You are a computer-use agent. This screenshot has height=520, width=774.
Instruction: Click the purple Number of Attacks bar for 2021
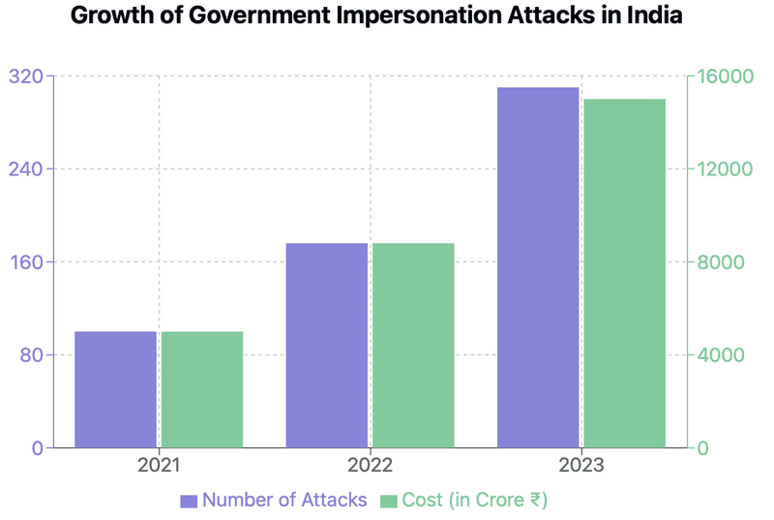[x=115, y=389]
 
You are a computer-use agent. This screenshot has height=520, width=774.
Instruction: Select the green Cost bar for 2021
[x=201, y=389]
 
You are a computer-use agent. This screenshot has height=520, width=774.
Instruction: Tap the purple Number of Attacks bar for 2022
[x=326, y=346]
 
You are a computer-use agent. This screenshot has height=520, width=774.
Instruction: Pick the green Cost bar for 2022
[x=413, y=346]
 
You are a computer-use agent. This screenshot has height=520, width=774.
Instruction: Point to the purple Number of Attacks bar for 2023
[x=538, y=267]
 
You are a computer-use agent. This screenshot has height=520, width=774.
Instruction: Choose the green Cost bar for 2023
[x=624, y=273]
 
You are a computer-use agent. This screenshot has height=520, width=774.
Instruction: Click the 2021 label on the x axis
[x=159, y=466]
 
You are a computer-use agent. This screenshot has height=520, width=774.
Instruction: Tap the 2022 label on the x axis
[x=370, y=466]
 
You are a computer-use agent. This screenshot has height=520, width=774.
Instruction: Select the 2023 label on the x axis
[x=580, y=466]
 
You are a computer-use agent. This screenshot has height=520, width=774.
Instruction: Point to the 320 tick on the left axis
[x=25, y=76]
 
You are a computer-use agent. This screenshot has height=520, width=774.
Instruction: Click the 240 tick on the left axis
[x=25, y=169]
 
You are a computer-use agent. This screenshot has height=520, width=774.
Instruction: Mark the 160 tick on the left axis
[x=25, y=262]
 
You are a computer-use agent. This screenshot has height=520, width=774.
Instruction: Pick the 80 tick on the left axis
[x=30, y=355]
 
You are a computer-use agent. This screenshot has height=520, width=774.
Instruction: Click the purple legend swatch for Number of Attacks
[x=189, y=501]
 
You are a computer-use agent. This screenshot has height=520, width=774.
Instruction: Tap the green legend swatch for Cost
[x=389, y=501]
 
